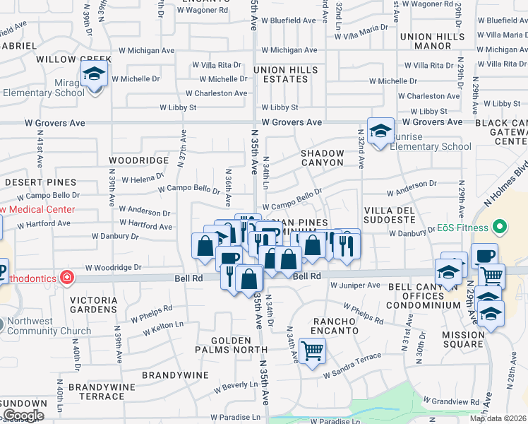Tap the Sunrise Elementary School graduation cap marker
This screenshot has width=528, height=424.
pos(380,131)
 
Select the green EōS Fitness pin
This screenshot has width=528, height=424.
pos(500,228)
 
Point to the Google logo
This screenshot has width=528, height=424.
pos(23,416)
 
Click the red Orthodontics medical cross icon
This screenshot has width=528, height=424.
pos(66,278)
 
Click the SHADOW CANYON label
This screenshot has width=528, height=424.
pos(323,158)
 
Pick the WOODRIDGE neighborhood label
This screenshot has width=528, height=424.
pos(139,161)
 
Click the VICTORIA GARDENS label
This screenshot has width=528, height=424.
pos(98,305)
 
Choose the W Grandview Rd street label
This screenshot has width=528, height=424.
pos(453,402)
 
